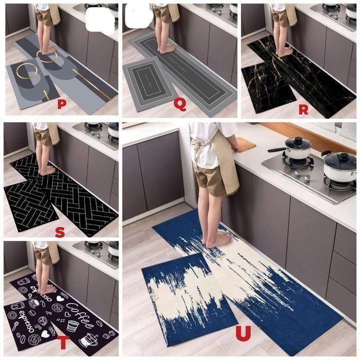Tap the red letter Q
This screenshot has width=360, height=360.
(x=180, y=104)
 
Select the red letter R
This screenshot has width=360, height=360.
(x=303, y=110)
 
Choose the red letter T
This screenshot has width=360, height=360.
(x=64, y=343)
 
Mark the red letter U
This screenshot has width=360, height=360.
(x=243, y=333)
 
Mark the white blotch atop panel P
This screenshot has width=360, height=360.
(x=101, y=18)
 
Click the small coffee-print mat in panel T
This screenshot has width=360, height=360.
(x=29, y=320)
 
